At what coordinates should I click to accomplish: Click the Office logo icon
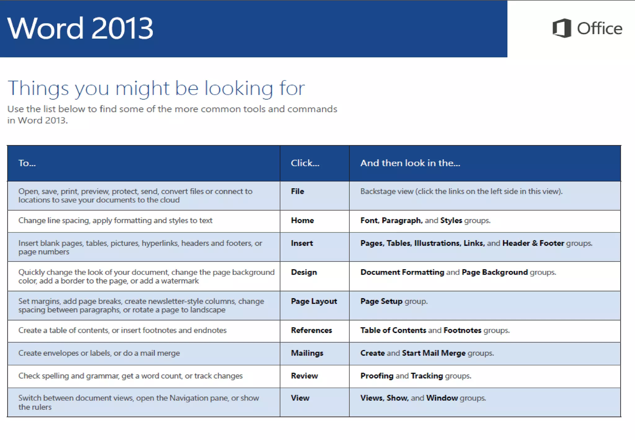point(562,28)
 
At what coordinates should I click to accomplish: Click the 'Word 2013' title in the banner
point(80,28)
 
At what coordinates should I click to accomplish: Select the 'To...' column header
point(27,163)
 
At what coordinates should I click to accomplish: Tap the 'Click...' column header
point(305,163)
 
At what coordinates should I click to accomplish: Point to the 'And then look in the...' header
point(410,163)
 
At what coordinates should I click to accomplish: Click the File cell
point(297,191)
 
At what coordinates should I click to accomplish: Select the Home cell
point(302,220)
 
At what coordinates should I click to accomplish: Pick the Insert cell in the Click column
point(302,243)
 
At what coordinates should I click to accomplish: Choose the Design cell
point(304,272)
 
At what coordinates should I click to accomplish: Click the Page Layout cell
point(314,301)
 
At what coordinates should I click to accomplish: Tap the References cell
point(311,330)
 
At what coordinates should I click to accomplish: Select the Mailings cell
point(307,353)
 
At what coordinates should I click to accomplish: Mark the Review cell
point(304,376)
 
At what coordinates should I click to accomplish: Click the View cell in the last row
point(300,398)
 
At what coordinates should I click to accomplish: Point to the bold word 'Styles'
point(451,221)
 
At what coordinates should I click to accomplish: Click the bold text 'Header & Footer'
point(533,243)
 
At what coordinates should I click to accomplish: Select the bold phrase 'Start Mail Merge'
point(433,353)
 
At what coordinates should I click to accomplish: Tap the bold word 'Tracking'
point(427,376)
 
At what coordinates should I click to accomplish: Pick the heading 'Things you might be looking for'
point(156,88)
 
